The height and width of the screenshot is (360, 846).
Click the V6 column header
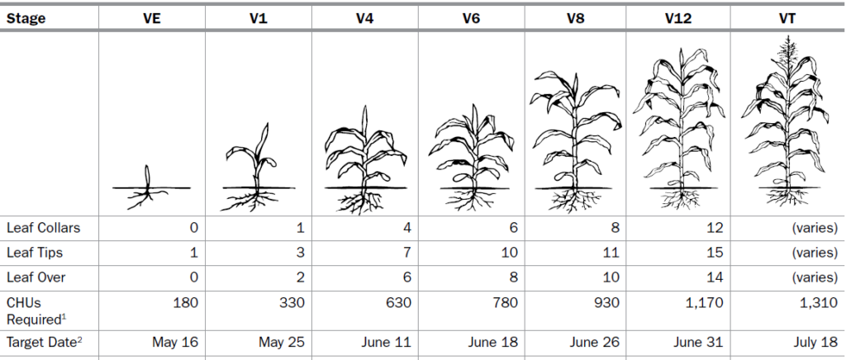click(472, 18)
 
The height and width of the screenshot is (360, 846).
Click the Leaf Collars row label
click(42, 227)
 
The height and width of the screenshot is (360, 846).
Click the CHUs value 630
click(397, 303)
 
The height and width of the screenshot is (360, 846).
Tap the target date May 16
click(175, 341)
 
